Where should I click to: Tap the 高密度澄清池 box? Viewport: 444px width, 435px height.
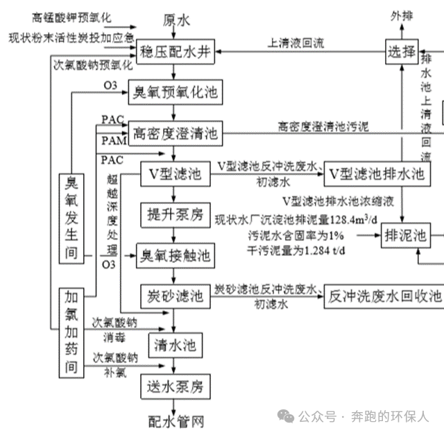176,131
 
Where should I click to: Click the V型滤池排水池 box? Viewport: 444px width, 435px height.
375,173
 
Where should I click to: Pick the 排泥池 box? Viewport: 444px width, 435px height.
407,234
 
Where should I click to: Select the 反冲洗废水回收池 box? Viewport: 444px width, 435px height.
384,296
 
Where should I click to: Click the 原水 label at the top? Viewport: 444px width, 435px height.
176,21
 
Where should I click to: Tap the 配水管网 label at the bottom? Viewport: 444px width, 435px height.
176,420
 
